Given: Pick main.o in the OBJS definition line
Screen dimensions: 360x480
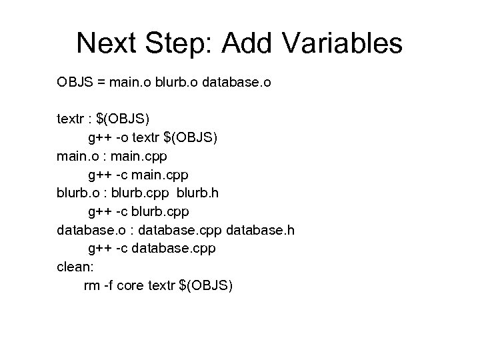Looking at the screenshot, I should coord(129,83).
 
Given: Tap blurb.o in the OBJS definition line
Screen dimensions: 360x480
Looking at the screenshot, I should coord(175,83).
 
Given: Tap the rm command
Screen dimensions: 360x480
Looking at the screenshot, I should coord(91,286).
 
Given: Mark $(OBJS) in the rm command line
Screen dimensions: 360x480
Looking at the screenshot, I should coord(207,286).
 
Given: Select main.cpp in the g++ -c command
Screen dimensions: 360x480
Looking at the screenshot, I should coord(161,175).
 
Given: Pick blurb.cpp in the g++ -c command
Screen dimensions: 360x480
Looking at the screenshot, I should coord(162,212).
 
